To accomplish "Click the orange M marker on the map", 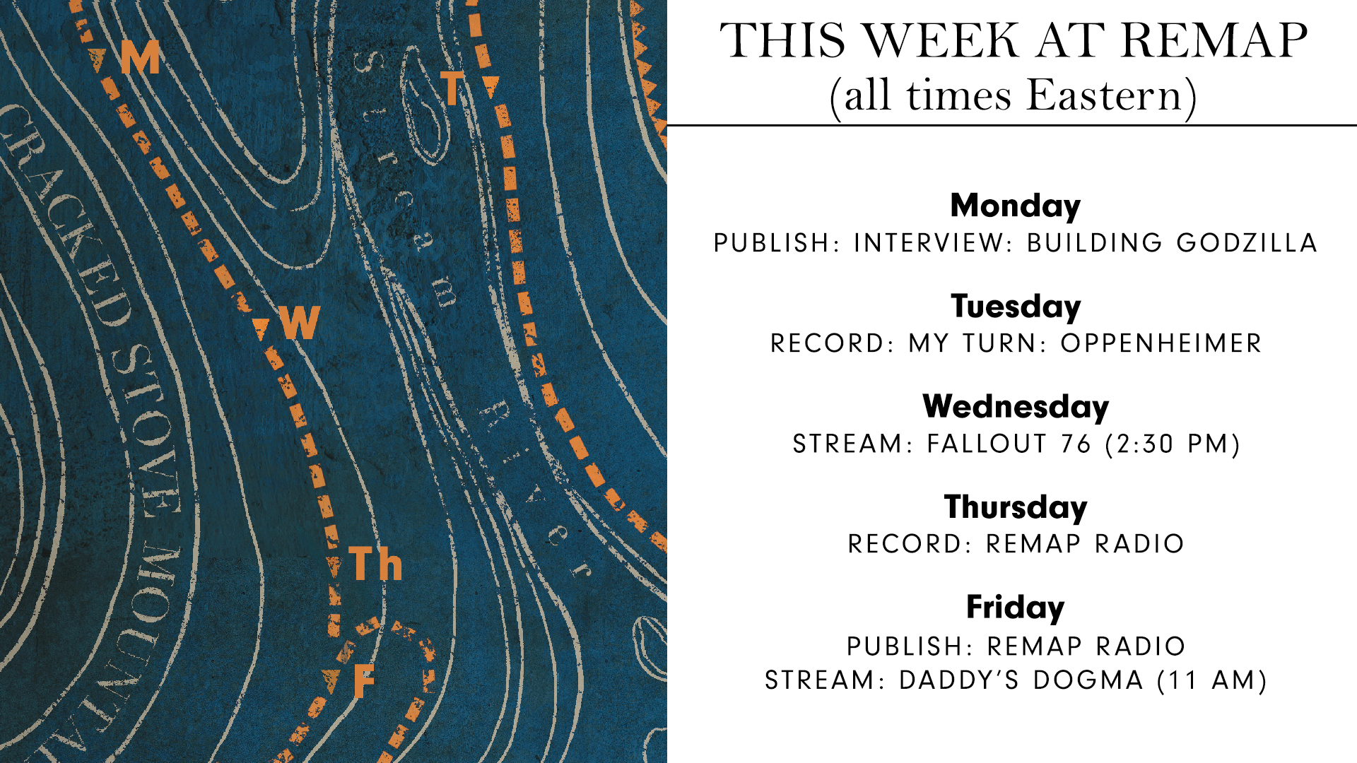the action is click(140, 57).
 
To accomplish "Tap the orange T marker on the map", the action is click(452, 88).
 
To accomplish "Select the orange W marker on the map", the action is click(300, 323).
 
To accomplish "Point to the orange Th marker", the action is click(375, 564).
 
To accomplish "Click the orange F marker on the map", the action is click(363, 681).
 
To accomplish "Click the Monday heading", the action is click(1016, 206).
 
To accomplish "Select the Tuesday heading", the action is click(1016, 307).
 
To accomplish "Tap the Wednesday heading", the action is click(1016, 407).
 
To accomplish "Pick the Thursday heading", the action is click(1016, 507).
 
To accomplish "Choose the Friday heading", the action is click(1016, 608).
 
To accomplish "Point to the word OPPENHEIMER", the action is click(1161, 343).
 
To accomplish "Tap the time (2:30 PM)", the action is click(1173, 444).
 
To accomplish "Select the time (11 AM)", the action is click(1212, 680).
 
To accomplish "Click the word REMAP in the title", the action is click(1214, 40).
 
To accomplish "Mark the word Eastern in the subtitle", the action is click(1105, 95).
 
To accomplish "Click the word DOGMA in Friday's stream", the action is click(1088, 680).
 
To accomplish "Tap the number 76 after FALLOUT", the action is click(1076, 444).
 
